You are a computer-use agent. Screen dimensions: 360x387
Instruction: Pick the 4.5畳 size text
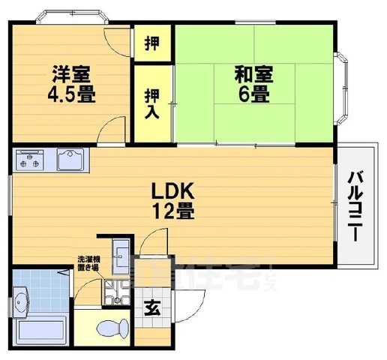[x=73, y=96]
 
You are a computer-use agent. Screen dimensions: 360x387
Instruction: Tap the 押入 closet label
[x=152, y=103]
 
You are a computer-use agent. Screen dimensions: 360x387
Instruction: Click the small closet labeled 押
[x=152, y=42]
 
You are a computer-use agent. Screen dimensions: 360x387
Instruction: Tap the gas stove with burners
[x=31, y=160]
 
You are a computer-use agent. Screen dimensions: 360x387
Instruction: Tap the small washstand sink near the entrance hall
[x=121, y=253]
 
